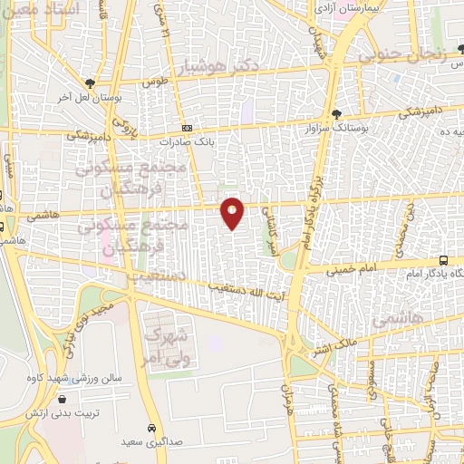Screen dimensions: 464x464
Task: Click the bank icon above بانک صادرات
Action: point(187,129)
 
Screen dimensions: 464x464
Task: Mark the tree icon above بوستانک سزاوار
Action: point(337,114)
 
